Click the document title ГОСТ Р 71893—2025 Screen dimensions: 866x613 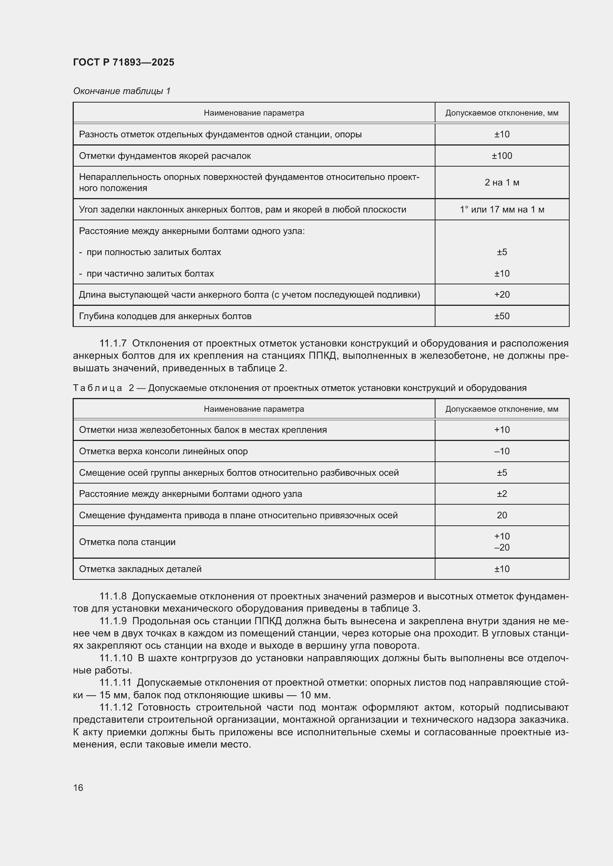pyautogui.click(x=123, y=62)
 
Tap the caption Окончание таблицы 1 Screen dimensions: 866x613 pyautogui.click(x=122, y=91)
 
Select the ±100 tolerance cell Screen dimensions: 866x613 pyautogui.click(x=502, y=156)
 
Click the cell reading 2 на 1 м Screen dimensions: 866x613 pyautogui.click(x=502, y=183)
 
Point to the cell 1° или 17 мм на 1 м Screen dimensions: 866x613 pyautogui.click(x=502, y=209)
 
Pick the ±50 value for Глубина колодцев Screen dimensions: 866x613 pyautogui.click(x=502, y=316)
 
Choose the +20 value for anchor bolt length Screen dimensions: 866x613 pyautogui.click(x=502, y=295)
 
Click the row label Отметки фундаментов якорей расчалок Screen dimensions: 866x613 pyautogui.click(x=165, y=156)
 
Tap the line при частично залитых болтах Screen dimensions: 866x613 pyautogui.click(x=150, y=274)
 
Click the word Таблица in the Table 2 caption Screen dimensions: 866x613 pyautogui.click(x=97, y=388)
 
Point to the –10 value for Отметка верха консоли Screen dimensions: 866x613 pyautogui.click(x=502, y=451)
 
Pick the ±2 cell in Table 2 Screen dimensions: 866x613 pyautogui.click(x=502, y=494)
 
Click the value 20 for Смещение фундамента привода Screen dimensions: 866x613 pyautogui.click(x=502, y=515)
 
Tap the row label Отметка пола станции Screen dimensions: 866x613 pyautogui.click(x=127, y=542)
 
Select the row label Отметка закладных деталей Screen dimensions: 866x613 pyautogui.click(x=140, y=569)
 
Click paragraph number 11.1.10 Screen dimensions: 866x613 pyautogui.click(x=116, y=658)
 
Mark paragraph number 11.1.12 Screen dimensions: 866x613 pyautogui.click(x=116, y=707)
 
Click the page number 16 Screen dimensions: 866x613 pyautogui.click(x=78, y=788)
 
